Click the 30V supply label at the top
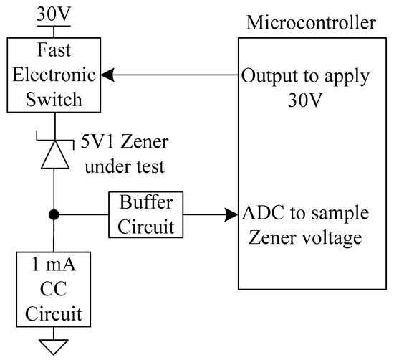point(54,12)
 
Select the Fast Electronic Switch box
point(54,75)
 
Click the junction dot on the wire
point(54,214)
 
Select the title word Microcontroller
point(311,22)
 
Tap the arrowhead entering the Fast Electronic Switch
point(107,75)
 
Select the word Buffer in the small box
point(145,204)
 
